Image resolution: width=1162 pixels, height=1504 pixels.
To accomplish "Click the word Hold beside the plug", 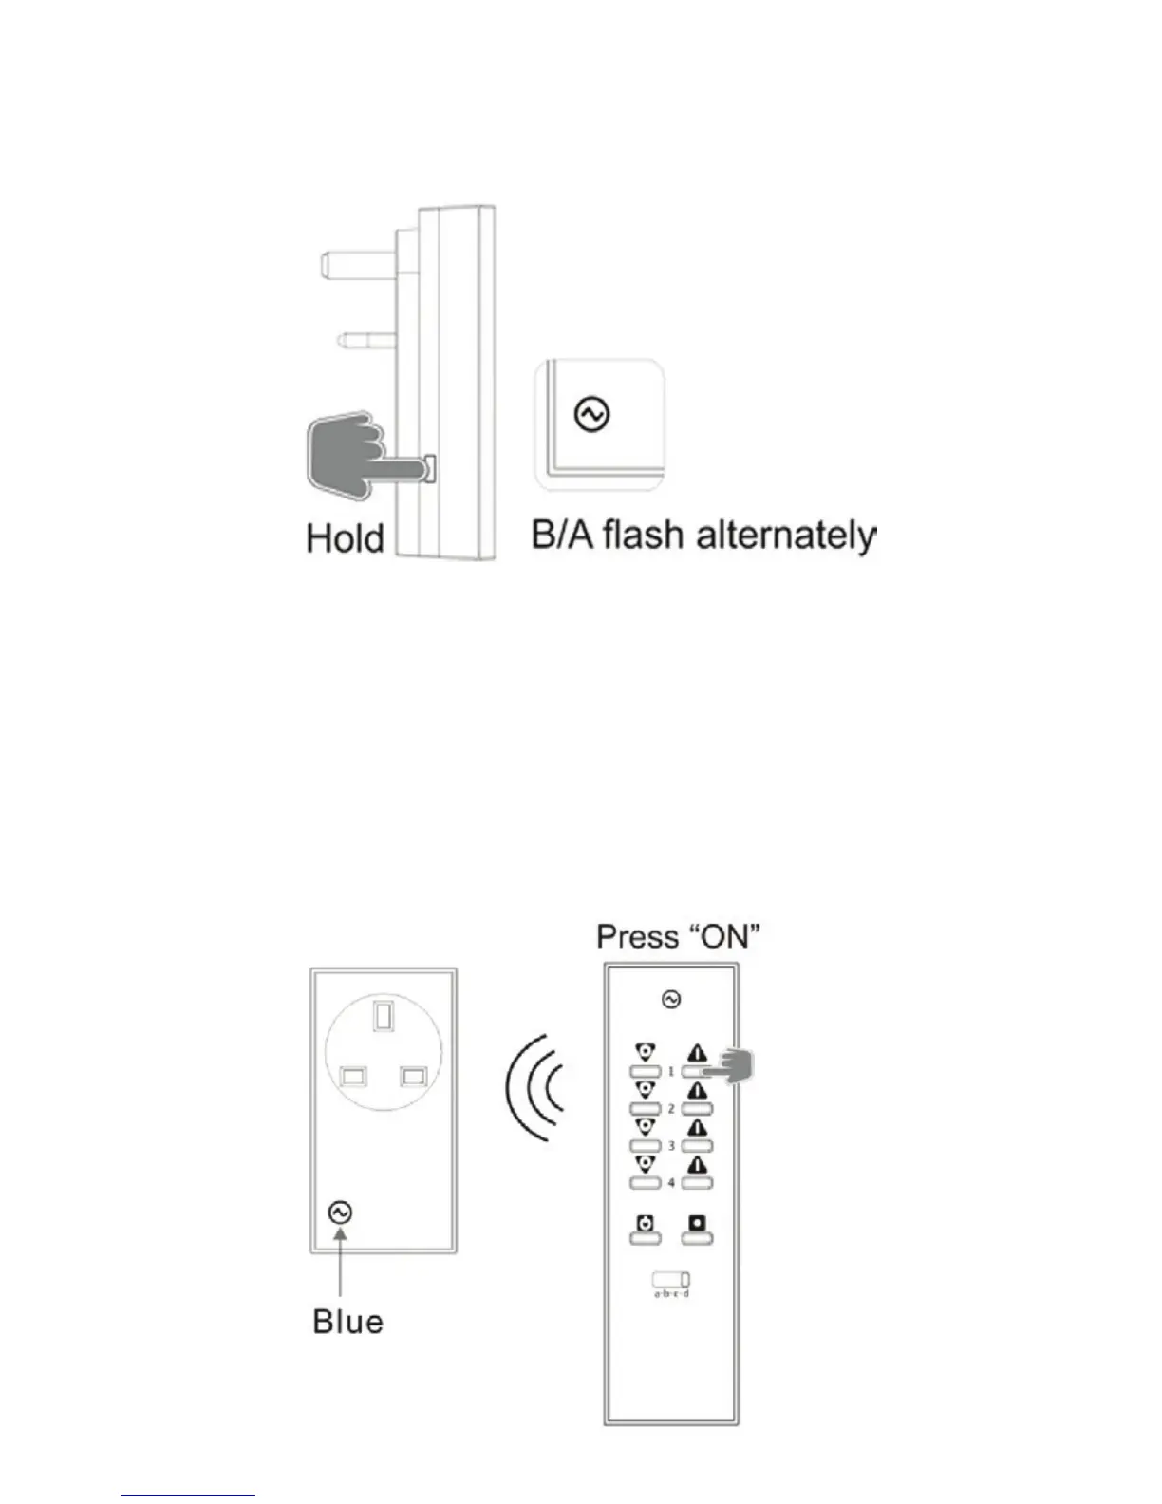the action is point(345,538).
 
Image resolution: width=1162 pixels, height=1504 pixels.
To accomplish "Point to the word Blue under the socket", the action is point(347,1322).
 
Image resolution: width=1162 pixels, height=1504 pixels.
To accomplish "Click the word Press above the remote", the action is point(637,937).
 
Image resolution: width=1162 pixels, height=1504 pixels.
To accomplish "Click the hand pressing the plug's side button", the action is point(347,453).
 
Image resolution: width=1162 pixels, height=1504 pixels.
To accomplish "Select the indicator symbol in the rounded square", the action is point(592,415).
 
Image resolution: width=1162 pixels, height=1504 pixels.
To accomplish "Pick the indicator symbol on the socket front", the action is point(340,1213).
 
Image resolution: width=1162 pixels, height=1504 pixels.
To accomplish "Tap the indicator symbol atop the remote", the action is point(671,999).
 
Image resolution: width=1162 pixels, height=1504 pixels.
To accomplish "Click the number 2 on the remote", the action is point(671,1108).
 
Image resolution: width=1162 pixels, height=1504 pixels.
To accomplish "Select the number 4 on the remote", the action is point(671,1183).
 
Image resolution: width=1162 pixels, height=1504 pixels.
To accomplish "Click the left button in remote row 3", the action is point(645,1146).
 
